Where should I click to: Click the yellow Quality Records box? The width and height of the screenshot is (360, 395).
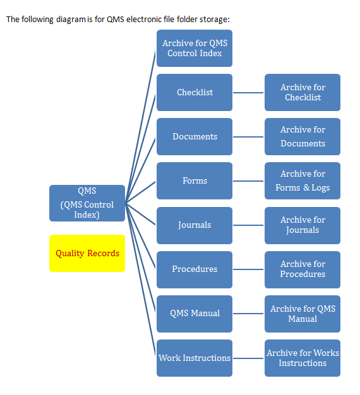(x=87, y=253)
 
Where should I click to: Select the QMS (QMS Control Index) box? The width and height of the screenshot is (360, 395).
(x=87, y=202)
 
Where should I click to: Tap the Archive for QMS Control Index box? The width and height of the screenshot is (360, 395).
(x=195, y=48)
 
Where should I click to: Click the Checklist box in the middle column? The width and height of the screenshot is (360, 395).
(x=195, y=92)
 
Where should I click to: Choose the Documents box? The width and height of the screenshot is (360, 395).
(x=195, y=136)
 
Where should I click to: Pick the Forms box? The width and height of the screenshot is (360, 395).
(x=195, y=180)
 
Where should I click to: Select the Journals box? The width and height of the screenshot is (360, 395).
(x=195, y=225)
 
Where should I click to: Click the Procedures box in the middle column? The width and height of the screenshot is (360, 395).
(x=195, y=269)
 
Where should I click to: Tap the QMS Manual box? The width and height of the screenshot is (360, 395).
(x=195, y=313)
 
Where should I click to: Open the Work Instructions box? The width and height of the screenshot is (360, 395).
(x=195, y=358)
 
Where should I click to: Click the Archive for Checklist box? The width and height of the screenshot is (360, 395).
(x=303, y=92)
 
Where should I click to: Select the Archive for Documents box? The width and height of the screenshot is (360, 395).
(x=303, y=136)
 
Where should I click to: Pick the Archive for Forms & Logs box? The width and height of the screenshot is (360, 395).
(x=303, y=180)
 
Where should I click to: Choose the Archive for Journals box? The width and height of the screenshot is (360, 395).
(x=303, y=225)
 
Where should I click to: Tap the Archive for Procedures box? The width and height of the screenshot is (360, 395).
(x=303, y=269)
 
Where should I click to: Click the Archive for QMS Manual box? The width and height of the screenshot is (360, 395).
(x=303, y=314)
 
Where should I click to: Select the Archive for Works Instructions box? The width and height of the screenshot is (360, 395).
(x=303, y=358)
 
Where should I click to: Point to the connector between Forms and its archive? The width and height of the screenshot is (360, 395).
(x=248, y=181)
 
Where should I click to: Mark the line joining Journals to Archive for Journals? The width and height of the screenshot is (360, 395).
(x=248, y=225)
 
